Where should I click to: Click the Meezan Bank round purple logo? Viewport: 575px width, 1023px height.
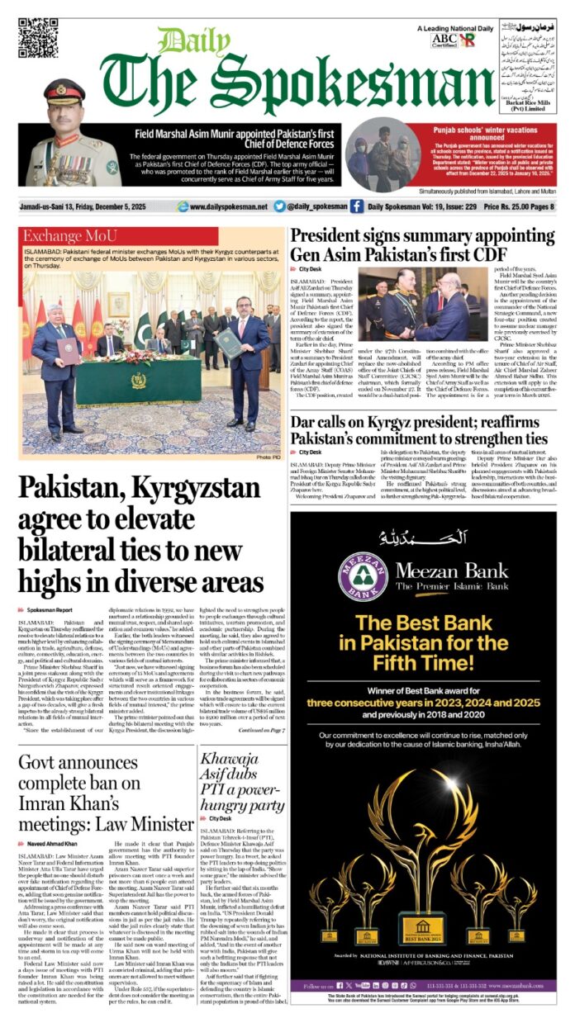coord(363,576)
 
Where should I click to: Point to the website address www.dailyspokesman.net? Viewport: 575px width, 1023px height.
coord(228,206)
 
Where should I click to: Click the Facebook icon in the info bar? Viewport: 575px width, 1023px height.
coord(356,206)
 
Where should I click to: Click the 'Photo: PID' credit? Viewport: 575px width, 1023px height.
coord(268,457)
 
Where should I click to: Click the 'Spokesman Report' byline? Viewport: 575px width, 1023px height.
coord(54,609)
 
